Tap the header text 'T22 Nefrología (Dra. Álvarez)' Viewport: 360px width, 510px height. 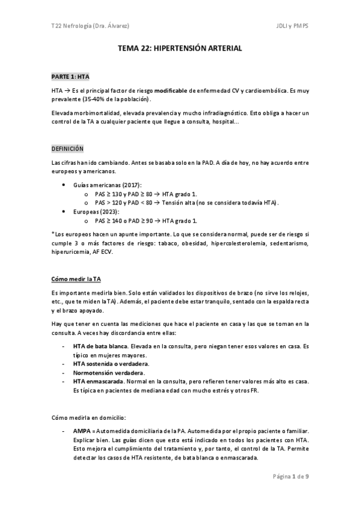[x=91, y=26]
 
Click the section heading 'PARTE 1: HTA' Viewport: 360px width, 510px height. [x=70, y=78]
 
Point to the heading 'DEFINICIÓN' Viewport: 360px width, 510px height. [x=67, y=148]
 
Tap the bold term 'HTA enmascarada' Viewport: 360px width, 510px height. [x=97, y=381]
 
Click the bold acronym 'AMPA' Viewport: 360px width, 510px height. [x=82, y=432]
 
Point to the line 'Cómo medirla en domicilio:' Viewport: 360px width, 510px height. [x=89, y=416]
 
